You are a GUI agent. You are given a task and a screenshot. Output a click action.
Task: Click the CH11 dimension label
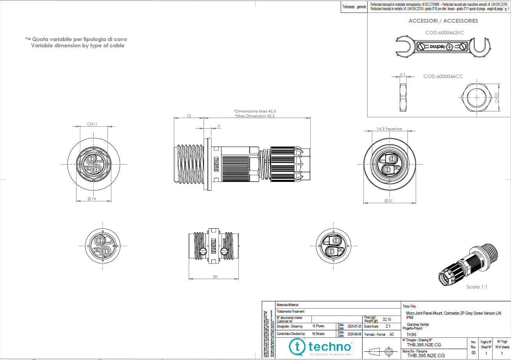pos(92,124)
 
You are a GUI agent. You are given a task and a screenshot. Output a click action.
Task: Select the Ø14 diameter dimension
pos(92,199)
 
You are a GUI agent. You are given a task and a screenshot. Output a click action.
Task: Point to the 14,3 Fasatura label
pos(389,129)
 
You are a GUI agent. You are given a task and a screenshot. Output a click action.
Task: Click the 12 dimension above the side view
pos(189,116)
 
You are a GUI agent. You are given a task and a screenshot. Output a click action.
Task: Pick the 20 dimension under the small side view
pos(215,276)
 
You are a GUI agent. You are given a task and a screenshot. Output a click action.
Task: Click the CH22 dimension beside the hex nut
pos(497,97)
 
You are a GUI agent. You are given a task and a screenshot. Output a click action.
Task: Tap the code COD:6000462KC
pos(444,33)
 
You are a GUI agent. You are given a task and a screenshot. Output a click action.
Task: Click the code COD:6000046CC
pos(443,77)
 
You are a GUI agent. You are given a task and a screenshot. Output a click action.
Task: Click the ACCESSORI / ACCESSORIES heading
pos(443,21)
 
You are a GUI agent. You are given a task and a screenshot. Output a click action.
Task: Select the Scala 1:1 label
pos(477,287)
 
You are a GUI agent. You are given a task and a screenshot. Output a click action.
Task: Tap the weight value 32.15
pos(387,319)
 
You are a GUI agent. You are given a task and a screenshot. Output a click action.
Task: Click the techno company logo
pos(320,347)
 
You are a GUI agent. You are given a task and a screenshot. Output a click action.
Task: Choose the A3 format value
pos(392,334)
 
